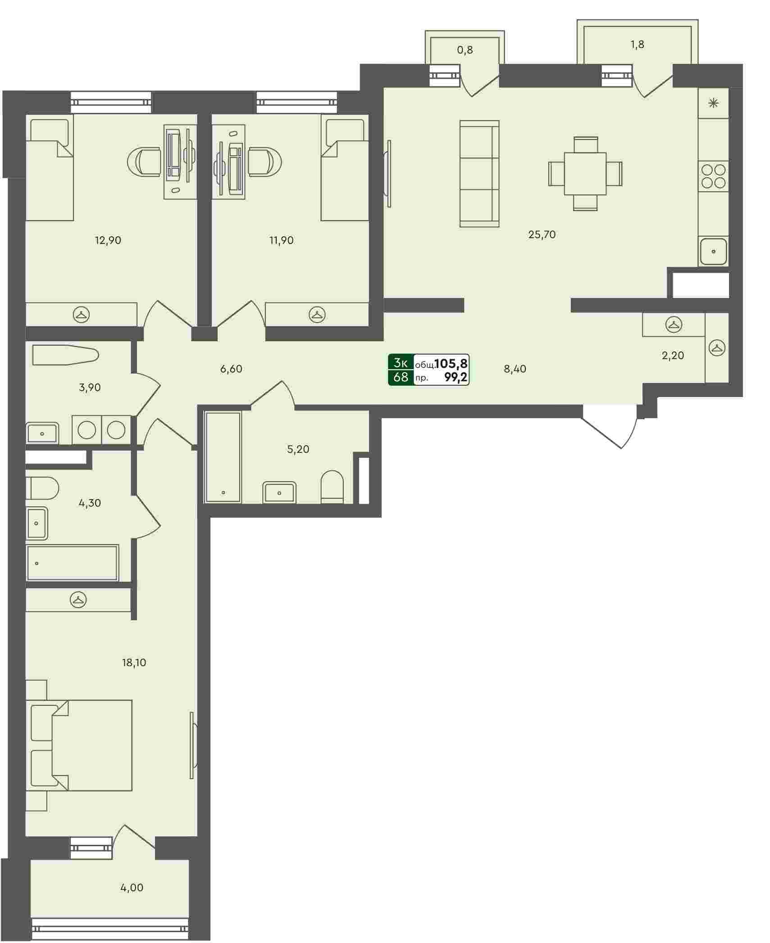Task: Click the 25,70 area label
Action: [x=542, y=235]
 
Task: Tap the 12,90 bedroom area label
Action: [x=108, y=240]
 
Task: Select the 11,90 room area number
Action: [x=281, y=240]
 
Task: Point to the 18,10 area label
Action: [x=134, y=663]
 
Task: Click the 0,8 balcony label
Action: [x=465, y=50]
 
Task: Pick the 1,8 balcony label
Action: [x=638, y=44]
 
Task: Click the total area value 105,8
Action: [x=451, y=363]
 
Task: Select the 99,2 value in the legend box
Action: [x=456, y=378]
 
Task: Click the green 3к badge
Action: [x=401, y=363]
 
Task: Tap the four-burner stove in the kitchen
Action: [x=713, y=176]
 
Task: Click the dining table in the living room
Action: [x=585, y=173]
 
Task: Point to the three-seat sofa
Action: [x=479, y=174]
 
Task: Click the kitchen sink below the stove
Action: [x=713, y=251]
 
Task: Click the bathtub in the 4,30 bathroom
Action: [x=73, y=563]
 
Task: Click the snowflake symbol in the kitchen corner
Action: [x=713, y=104]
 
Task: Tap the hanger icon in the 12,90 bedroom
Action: [x=82, y=314]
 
